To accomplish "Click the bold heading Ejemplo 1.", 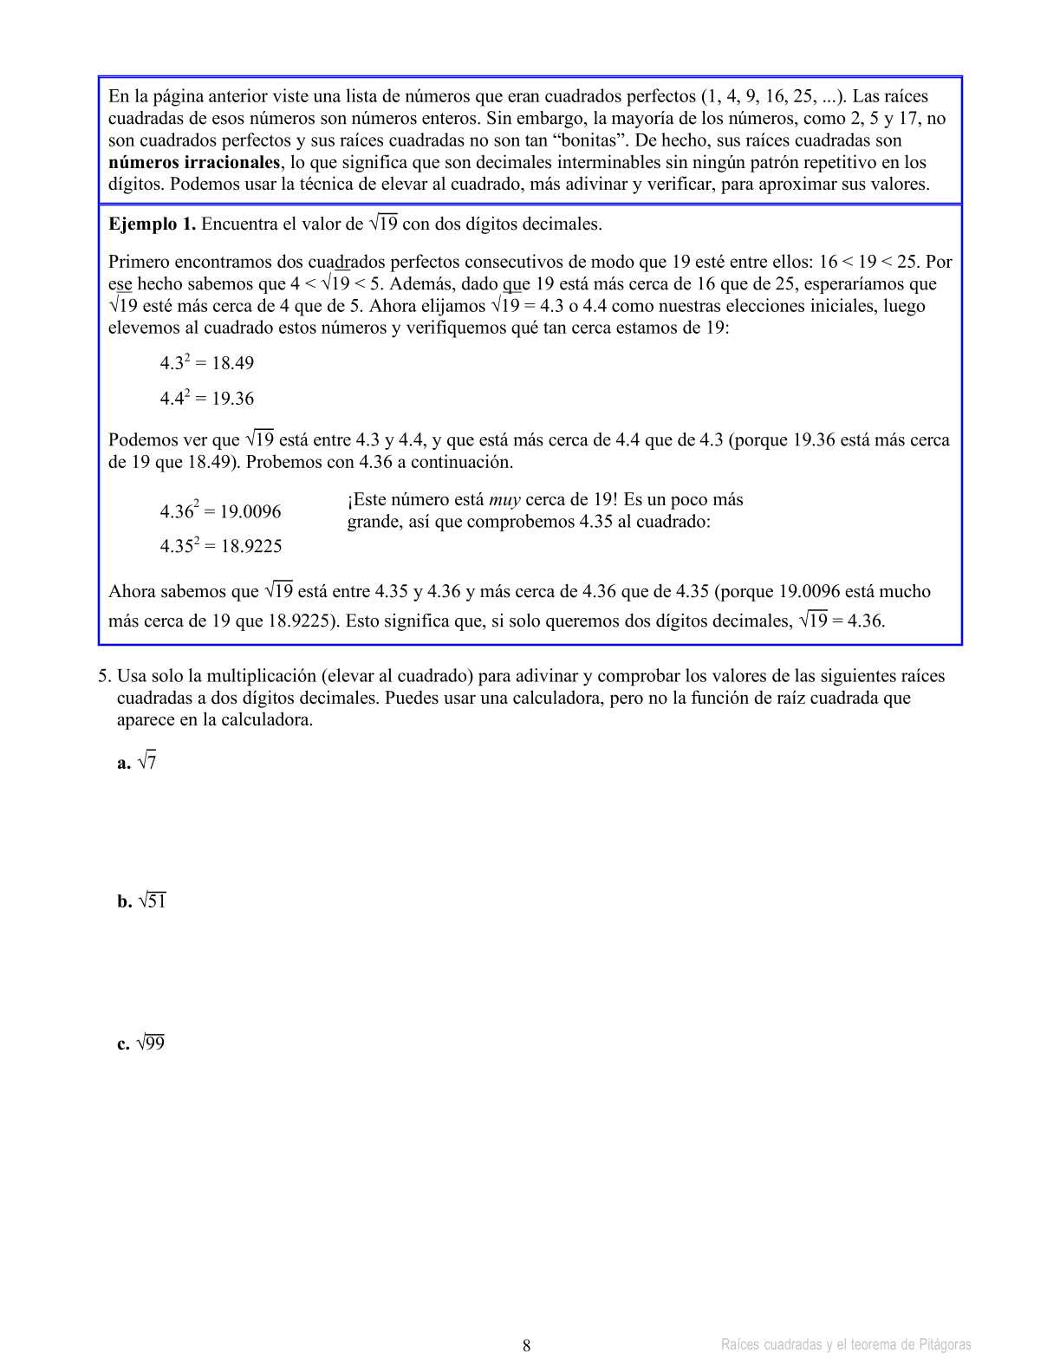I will pyautogui.click(x=152, y=224).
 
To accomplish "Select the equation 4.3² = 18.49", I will pyautogui.click(x=206, y=363).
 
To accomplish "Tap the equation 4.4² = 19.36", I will pyautogui.click(x=206, y=399).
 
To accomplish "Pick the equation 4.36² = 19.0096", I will pyautogui.click(x=220, y=511).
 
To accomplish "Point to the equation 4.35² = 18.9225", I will pyautogui.click(x=220, y=546).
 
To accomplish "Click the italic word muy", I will pyautogui.click(x=504, y=500).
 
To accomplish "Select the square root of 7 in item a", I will pyautogui.click(x=146, y=763).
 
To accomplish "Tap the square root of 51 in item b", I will pyautogui.click(x=151, y=901).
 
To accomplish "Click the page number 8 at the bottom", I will pyautogui.click(x=527, y=1346).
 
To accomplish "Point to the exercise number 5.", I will pyautogui.click(x=103, y=677).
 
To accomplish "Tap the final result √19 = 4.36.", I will pyautogui.click(x=841, y=621).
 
